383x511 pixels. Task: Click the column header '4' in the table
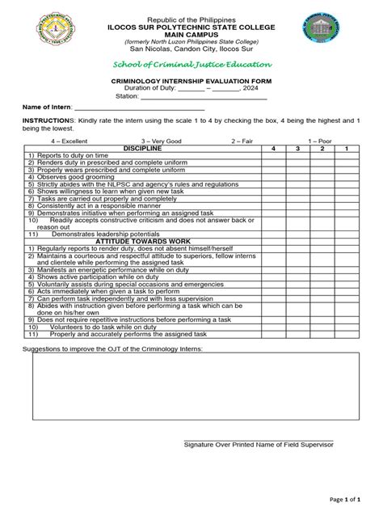click(273, 149)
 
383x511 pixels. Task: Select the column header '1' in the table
click(346, 149)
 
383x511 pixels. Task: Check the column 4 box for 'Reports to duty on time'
click(273, 156)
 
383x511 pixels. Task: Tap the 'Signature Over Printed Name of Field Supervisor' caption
click(259, 445)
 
